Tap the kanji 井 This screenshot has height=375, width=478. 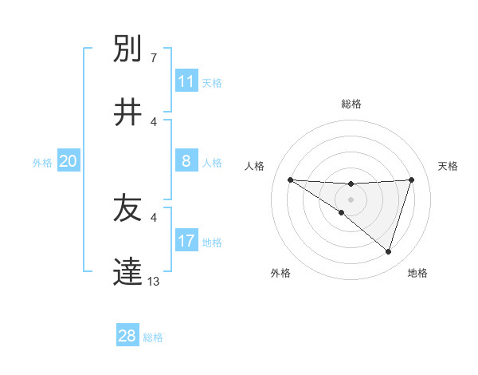coord(128,112)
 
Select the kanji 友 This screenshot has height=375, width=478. coord(128,209)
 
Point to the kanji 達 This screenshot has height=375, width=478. coord(128,272)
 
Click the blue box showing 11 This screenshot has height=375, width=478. coord(186,81)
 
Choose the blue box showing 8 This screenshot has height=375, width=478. coord(186,162)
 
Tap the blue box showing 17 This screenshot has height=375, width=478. coord(186,241)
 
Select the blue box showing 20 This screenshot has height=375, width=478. coord(69,162)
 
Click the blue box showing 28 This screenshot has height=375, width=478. coord(127,336)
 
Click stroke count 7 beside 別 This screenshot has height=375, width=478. coord(154,57)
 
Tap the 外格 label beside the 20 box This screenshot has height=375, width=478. coord(42,163)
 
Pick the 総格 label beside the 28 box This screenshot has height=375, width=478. coord(153,337)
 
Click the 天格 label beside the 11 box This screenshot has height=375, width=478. coord(211,82)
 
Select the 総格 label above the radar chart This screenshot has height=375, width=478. coord(351,104)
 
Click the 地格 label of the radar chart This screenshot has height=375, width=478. coord(417,273)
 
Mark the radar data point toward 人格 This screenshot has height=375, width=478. coord(290,180)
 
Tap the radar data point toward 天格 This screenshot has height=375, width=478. coord(412,180)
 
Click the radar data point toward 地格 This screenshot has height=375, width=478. coord(388,251)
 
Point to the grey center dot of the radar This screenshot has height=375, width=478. coord(351,199)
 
